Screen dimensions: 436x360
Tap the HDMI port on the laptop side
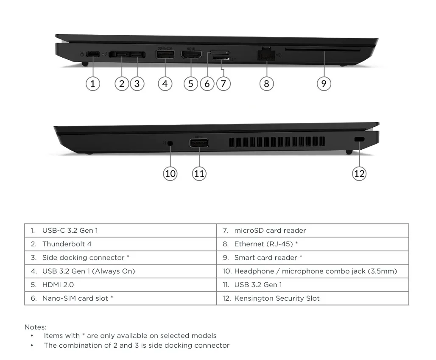pos(191,54)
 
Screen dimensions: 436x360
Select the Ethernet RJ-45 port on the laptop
pos(266,54)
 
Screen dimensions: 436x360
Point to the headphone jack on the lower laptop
pos(170,143)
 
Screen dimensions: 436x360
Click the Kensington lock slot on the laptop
pos(360,140)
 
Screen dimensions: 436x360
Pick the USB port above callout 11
pos(199,143)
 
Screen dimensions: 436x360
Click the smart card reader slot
pos(323,50)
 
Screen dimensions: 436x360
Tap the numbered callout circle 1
pos(93,84)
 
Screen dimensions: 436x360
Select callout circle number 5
pos(191,84)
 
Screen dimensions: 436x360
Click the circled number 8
pos(267,84)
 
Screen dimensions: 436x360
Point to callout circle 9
pos(324,84)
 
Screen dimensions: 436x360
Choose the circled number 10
pos(170,174)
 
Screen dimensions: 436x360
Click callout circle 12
pos(359,174)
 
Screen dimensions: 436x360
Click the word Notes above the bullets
pos(35,327)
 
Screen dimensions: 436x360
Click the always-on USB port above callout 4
pos(165,54)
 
